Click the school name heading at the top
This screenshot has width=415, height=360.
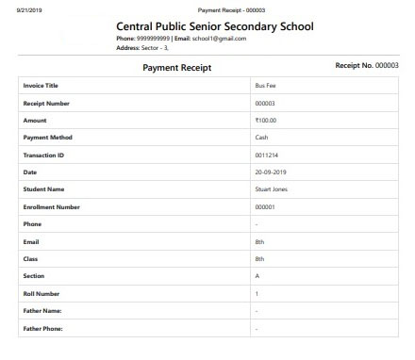[214, 26]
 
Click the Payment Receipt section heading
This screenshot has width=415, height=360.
[176, 68]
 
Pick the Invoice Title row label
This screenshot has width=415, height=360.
[40, 86]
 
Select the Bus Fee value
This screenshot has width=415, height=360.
[265, 86]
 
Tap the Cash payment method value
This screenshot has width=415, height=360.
[262, 138]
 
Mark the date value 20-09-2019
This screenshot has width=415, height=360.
[271, 172]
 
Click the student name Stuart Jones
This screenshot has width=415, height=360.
[272, 189]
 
